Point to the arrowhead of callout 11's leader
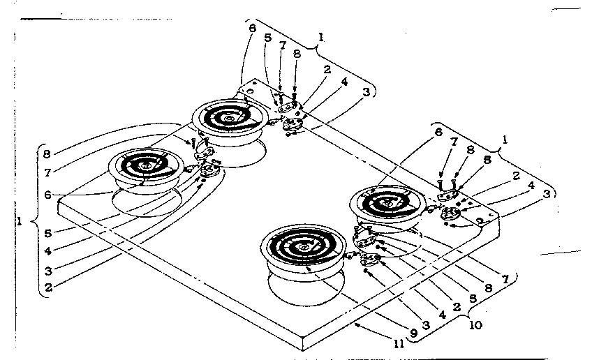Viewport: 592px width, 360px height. (355, 324)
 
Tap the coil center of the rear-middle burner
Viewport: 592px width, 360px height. (229, 119)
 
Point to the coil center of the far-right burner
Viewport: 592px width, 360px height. (387, 203)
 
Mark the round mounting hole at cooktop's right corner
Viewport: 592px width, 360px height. (482, 219)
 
